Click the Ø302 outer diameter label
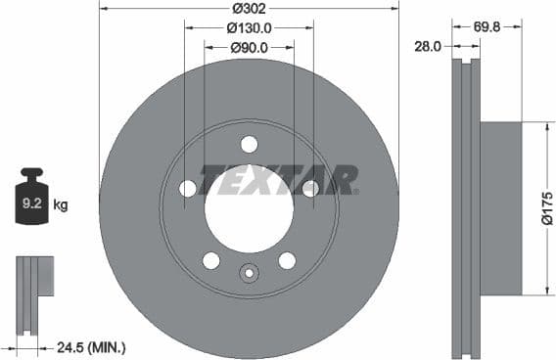point(249,10)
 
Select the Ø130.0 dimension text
point(249,28)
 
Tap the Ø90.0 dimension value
point(249,46)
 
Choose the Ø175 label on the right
point(546,207)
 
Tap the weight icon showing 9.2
point(31,202)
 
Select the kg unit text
point(61,205)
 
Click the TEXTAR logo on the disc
point(278,180)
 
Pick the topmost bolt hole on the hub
point(249,145)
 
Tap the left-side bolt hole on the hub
point(188,189)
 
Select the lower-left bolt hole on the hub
point(210,260)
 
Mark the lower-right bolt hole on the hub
point(287,260)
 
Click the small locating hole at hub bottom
point(249,275)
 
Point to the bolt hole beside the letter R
point(310,189)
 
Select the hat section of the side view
point(500,207)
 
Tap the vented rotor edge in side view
point(464,207)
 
